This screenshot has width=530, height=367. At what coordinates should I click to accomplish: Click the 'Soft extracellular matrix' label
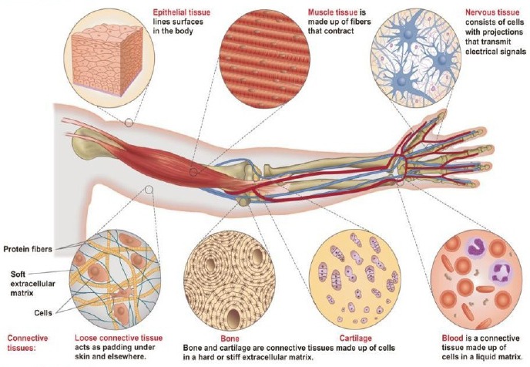pyautogui.click(x=30, y=281)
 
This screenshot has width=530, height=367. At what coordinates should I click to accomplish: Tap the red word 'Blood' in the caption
pyautogui.click(x=454, y=338)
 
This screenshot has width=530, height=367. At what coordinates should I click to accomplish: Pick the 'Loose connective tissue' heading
pyautogui.click(x=113, y=338)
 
